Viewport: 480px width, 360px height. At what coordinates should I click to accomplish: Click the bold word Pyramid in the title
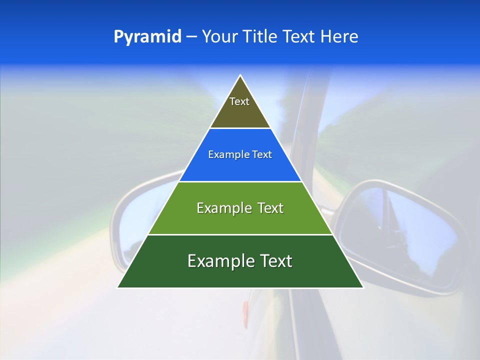[147, 37]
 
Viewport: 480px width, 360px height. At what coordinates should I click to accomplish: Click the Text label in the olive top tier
[239, 101]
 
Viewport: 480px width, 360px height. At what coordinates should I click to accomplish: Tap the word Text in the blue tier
[261, 155]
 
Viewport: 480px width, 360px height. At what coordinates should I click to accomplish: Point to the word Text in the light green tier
[270, 208]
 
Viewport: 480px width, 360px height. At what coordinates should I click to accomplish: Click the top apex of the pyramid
[240, 75]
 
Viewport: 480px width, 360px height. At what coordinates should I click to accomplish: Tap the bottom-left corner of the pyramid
[118, 287]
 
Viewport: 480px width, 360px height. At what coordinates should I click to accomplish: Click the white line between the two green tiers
[240, 234]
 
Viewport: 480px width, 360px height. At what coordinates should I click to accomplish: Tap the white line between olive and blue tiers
[240, 128]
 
